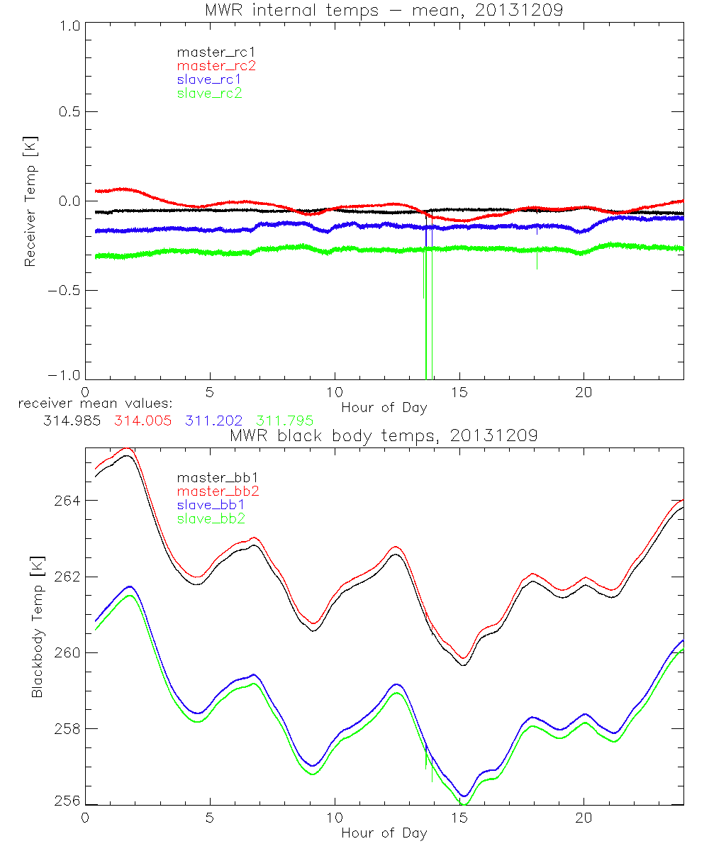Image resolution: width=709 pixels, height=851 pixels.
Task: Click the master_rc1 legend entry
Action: [x=210, y=52]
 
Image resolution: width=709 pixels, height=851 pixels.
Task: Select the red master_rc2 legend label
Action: [x=216, y=66]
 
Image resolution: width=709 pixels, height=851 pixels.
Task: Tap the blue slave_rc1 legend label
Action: [x=209, y=79]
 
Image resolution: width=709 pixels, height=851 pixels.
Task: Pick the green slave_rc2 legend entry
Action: [x=209, y=93]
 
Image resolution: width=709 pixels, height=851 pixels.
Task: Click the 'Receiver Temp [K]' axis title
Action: [x=30, y=202]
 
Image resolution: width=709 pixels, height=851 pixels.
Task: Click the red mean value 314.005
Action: [x=142, y=421]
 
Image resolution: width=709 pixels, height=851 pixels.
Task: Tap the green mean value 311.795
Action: [x=285, y=421]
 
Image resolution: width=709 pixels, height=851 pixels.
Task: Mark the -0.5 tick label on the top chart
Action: [x=62, y=291]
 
